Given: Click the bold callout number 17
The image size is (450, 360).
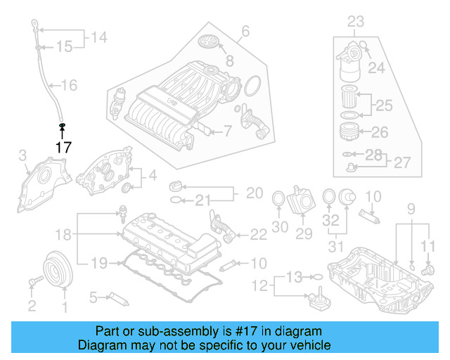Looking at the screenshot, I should point(63,148).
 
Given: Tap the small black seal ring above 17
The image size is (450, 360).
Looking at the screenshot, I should point(62,126).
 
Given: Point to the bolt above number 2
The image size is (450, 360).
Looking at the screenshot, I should point(32,282).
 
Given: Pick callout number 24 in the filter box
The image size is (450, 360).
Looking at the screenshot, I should point(377,68).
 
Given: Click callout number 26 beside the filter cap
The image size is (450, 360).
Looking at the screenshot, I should point(379,131).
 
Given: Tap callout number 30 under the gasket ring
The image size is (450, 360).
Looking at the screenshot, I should point(280,227).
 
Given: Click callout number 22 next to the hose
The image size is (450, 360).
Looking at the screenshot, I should point(258,233).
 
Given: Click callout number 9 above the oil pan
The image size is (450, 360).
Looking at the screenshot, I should point(411,209).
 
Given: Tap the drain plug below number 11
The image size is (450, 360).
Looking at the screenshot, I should point(426,269).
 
